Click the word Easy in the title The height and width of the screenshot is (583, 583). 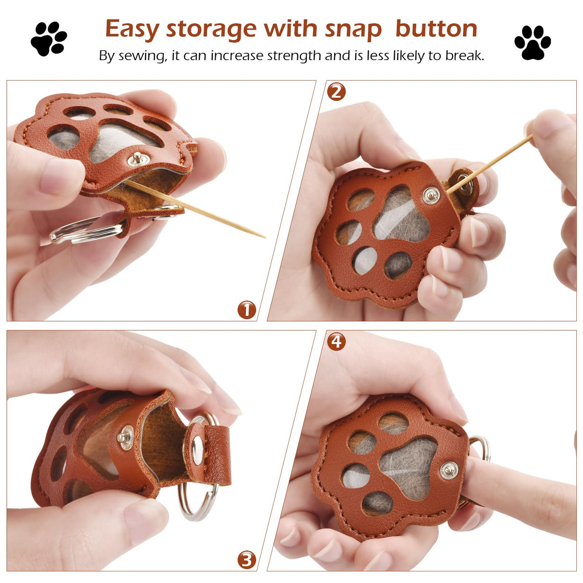pos(132,30)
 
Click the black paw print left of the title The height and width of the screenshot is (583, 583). pos(49,39)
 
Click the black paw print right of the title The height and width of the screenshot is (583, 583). pos(533,42)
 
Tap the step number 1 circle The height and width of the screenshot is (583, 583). pos(246,310)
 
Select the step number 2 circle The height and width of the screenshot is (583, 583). pos(336,92)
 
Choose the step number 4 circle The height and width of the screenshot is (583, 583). pos(336,341)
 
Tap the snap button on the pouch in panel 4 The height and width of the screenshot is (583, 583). pos(449,471)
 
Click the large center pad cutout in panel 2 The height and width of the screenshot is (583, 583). pos(401,214)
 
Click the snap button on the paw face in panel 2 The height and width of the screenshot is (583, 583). pos(431,195)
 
